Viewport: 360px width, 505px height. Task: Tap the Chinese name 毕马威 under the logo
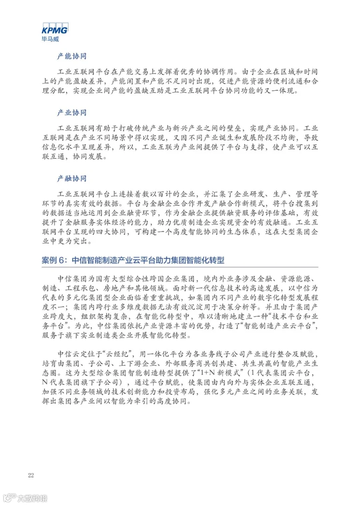click(x=50, y=39)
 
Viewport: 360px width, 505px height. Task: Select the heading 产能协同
click(x=72, y=56)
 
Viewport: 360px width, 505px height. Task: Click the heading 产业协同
click(x=72, y=113)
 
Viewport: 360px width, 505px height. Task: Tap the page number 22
click(x=31, y=475)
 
